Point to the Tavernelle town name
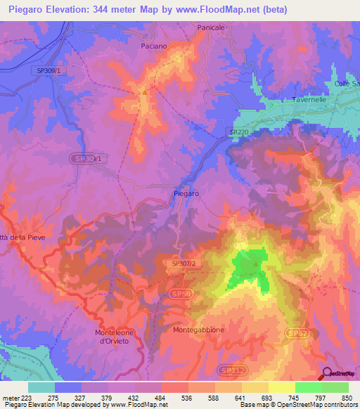point(309,100)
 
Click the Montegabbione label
point(198,329)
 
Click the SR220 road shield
point(239,131)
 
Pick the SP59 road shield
point(179,292)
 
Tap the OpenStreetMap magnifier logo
point(328,373)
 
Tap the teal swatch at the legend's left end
point(41,387)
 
